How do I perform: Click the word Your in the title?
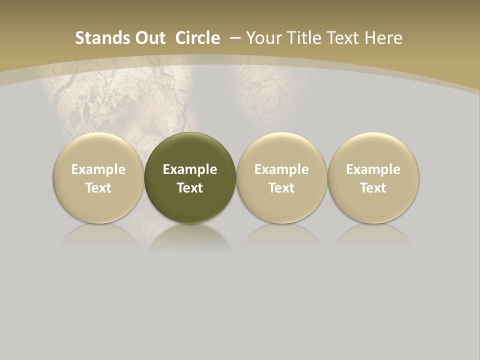263,38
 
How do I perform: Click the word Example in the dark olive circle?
190,169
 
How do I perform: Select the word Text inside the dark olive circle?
190,188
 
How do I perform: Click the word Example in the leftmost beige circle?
98,169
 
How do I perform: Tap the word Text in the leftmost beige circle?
98,188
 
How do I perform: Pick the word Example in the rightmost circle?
373,169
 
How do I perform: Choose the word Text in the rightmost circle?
373,188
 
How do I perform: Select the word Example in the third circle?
281,169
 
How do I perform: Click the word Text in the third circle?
281,188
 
